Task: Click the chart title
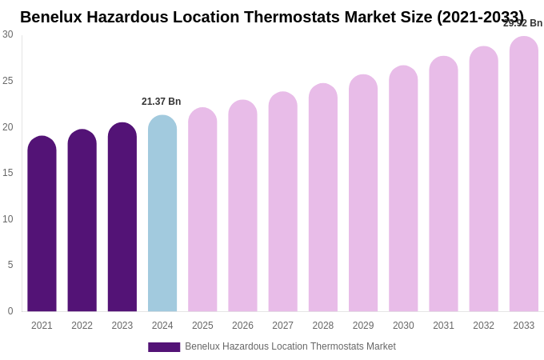point(272,17)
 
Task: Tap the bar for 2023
point(122,218)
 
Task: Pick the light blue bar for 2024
point(162,214)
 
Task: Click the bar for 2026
point(242,206)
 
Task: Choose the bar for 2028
point(323,198)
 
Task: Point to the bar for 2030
point(403,189)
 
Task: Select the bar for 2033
point(524,174)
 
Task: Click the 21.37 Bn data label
point(162,102)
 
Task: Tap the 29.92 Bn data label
point(522,23)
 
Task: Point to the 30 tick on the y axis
point(8,34)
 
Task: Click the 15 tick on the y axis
point(8,173)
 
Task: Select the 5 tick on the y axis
point(10,265)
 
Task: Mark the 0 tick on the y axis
point(10,311)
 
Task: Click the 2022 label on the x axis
point(82,326)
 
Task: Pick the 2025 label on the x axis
point(202,326)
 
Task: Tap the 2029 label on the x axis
point(363,326)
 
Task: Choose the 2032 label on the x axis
point(483,326)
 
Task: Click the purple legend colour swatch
point(164,347)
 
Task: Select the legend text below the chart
point(290,346)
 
